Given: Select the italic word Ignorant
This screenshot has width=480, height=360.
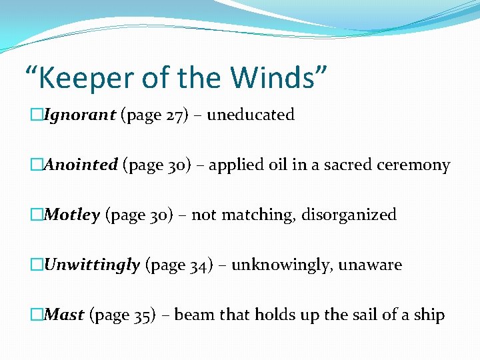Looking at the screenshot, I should point(80,115).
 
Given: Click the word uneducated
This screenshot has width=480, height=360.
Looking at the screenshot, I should point(251,115).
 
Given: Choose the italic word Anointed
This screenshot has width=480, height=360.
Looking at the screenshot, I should point(81,165).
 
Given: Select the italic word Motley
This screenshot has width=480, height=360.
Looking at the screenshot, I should point(72,215).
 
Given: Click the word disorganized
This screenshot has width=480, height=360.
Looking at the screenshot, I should point(349,215).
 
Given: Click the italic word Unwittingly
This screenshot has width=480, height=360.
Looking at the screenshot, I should point(91,265).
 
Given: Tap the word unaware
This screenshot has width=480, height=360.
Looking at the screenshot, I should point(370,265).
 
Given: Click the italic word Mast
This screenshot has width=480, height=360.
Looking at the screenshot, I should point(64,315).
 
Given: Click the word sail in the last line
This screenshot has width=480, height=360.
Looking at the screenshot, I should point(363,315).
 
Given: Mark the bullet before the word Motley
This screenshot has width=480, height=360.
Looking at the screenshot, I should point(37,215).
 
